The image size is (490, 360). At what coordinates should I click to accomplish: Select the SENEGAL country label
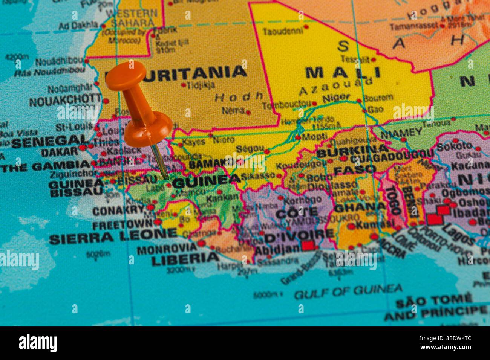point(50,142)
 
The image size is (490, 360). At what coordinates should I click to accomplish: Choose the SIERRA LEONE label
point(113,237)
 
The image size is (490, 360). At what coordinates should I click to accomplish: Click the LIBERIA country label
point(185,258)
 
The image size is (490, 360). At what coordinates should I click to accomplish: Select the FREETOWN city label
point(123,225)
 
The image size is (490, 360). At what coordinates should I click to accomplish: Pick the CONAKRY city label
point(118,210)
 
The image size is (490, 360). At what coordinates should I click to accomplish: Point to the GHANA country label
point(360,207)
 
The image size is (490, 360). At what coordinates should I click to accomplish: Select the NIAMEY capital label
point(401,133)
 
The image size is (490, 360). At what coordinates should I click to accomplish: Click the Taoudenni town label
point(283,31)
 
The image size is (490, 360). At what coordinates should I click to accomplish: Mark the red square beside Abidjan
point(308,246)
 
